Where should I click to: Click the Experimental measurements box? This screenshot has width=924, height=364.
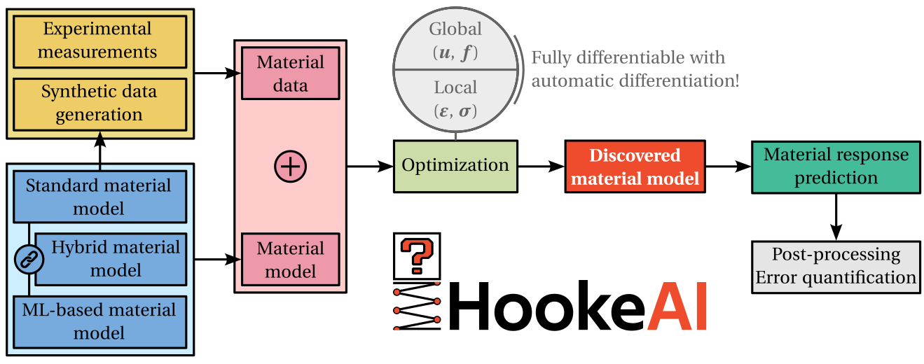coord(97,41)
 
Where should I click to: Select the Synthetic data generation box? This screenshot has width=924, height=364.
coord(99,103)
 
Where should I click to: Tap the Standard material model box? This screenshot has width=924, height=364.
coord(99,197)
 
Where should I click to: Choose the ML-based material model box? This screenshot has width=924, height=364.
coord(99,321)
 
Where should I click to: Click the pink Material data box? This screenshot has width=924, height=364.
coord(291,73)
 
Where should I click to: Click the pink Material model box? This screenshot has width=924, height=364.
coord(291,259)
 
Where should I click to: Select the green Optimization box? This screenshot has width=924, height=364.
coord(455,166)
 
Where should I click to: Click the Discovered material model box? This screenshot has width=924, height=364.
coord(635,167)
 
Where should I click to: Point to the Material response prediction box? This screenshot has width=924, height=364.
coord(836,167)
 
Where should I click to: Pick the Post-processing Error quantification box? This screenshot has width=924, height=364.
coord(836,266)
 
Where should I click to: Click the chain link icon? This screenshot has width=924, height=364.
coord(29,260)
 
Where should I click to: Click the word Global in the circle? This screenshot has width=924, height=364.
coord(456,29)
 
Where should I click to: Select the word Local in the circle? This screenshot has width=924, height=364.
coord(456,88)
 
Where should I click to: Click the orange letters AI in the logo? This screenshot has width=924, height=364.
coord(677,306)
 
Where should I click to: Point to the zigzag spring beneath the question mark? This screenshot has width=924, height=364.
coord(416,305)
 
